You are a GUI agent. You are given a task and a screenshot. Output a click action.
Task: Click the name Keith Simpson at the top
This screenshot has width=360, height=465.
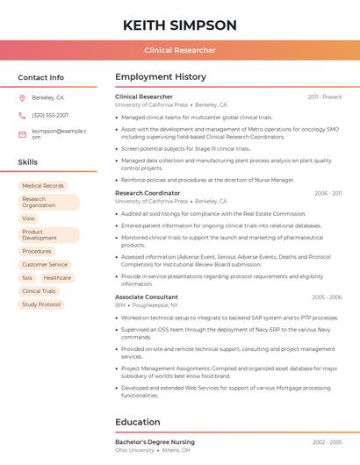(x=180, y=25)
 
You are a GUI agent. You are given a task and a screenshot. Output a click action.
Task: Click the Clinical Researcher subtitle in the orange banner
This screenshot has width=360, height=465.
(x=180, y=51)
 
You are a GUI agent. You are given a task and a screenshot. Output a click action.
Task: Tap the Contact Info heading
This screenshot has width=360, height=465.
(x=40, y=77)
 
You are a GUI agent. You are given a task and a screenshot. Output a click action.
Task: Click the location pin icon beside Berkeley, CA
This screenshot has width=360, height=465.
(x=22, y=98)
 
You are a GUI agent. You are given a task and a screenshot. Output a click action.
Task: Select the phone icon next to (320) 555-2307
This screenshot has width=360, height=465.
(x=22, y=116)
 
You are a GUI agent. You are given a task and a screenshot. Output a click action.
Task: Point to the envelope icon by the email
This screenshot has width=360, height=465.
(x=22, y=134)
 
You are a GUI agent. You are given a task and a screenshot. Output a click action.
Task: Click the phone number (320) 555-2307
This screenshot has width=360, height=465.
(x=50, y=116)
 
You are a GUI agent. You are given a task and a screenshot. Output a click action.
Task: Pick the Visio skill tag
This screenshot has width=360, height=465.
(x=29, y=218)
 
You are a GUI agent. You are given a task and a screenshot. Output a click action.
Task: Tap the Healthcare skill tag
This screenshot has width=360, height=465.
(x=57, y=278)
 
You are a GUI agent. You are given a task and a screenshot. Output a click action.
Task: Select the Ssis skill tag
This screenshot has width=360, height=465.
(x=27, y=278)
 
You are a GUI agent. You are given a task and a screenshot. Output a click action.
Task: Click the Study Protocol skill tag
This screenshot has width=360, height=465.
(x=41, y=304)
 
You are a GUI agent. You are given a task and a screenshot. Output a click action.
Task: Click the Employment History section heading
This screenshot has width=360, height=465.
(x=160, y=77)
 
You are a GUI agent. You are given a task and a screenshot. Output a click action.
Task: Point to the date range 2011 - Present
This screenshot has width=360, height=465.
(x=325, y=97)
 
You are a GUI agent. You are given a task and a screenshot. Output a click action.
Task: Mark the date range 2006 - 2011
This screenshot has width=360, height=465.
(x=328, y=193)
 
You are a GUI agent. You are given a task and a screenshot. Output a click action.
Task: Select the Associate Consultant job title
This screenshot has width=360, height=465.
(x=147, y=297)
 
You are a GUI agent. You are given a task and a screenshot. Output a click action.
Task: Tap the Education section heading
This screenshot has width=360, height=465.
(x=139, y=422)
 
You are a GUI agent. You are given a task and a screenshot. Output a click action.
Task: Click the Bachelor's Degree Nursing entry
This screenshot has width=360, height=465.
(x=155, y=442)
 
